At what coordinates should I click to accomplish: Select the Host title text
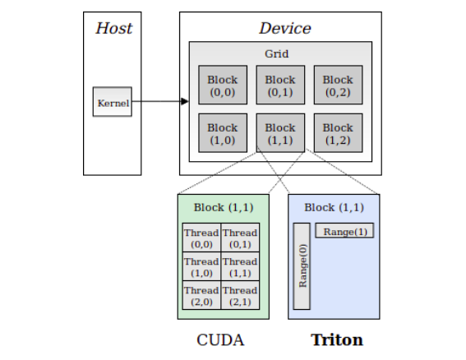(x=113, y=28)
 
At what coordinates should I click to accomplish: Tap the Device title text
(x=284, y=28)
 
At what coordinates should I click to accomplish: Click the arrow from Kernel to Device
(x=160, y=102)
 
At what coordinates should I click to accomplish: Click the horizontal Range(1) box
(x=344, y=232)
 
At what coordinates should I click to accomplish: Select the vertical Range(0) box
(x=302, y=265)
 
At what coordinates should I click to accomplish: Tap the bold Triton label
(x=336, y=339)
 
